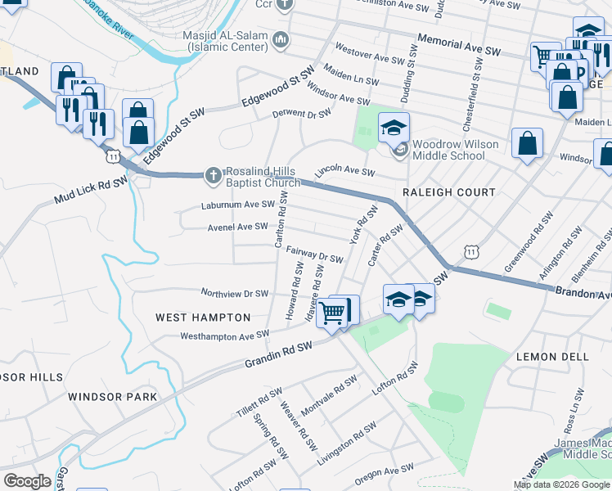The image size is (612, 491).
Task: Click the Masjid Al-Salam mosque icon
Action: pos(281,38)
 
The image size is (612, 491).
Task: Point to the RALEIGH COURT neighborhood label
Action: pos(449,192)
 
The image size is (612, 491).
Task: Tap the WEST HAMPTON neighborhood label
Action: pos(203,317)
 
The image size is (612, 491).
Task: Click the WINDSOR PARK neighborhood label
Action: pos(112,397)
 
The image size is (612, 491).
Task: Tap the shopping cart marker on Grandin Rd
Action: pos(332,312)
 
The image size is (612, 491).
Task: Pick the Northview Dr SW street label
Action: pos(235,293)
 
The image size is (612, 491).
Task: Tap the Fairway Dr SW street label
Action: pos(316,257)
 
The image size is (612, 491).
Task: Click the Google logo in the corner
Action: pos(27,481)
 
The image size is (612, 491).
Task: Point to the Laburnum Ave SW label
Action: pos(238,205)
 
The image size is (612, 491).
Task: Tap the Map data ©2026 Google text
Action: pos(561,484)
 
